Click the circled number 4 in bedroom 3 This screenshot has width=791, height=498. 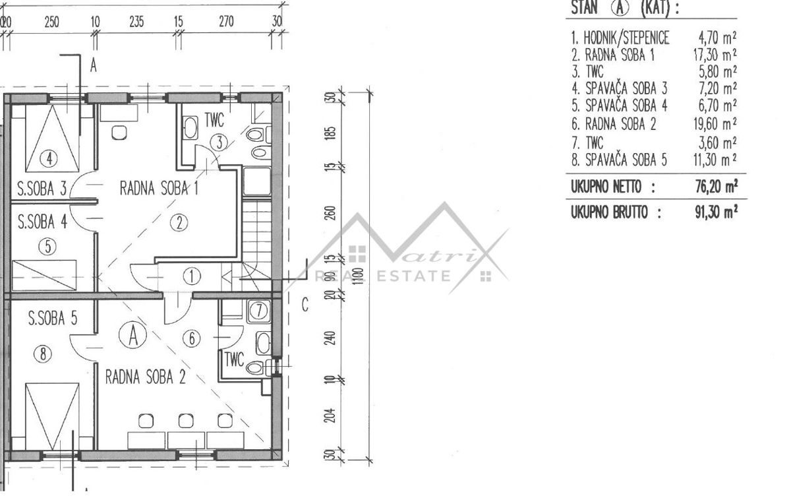point(49,159)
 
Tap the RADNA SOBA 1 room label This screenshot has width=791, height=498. point(159,188)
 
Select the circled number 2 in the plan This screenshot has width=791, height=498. point(179,223)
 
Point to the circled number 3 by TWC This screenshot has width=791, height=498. point(219,142)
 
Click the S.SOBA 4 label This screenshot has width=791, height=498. point(42,222)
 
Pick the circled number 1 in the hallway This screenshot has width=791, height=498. point(191,276)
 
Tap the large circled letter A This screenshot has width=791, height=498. point(132,335)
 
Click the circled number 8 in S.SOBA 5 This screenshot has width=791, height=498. point(43,354)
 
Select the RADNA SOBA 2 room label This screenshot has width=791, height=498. point(146,377)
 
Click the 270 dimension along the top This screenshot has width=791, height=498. point(226,22)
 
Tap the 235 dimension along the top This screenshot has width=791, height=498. point(136,22)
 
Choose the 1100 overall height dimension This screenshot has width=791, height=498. point(359,276)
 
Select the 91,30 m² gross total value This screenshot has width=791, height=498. point(716,212)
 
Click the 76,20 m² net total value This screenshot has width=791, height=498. point(717,186)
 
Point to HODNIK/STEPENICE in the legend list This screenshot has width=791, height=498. point(626,38)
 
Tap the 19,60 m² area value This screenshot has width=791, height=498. point(715,124)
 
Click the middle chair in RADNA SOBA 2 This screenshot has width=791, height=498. point(186,421)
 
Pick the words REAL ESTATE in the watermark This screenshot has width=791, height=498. point(382,276)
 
